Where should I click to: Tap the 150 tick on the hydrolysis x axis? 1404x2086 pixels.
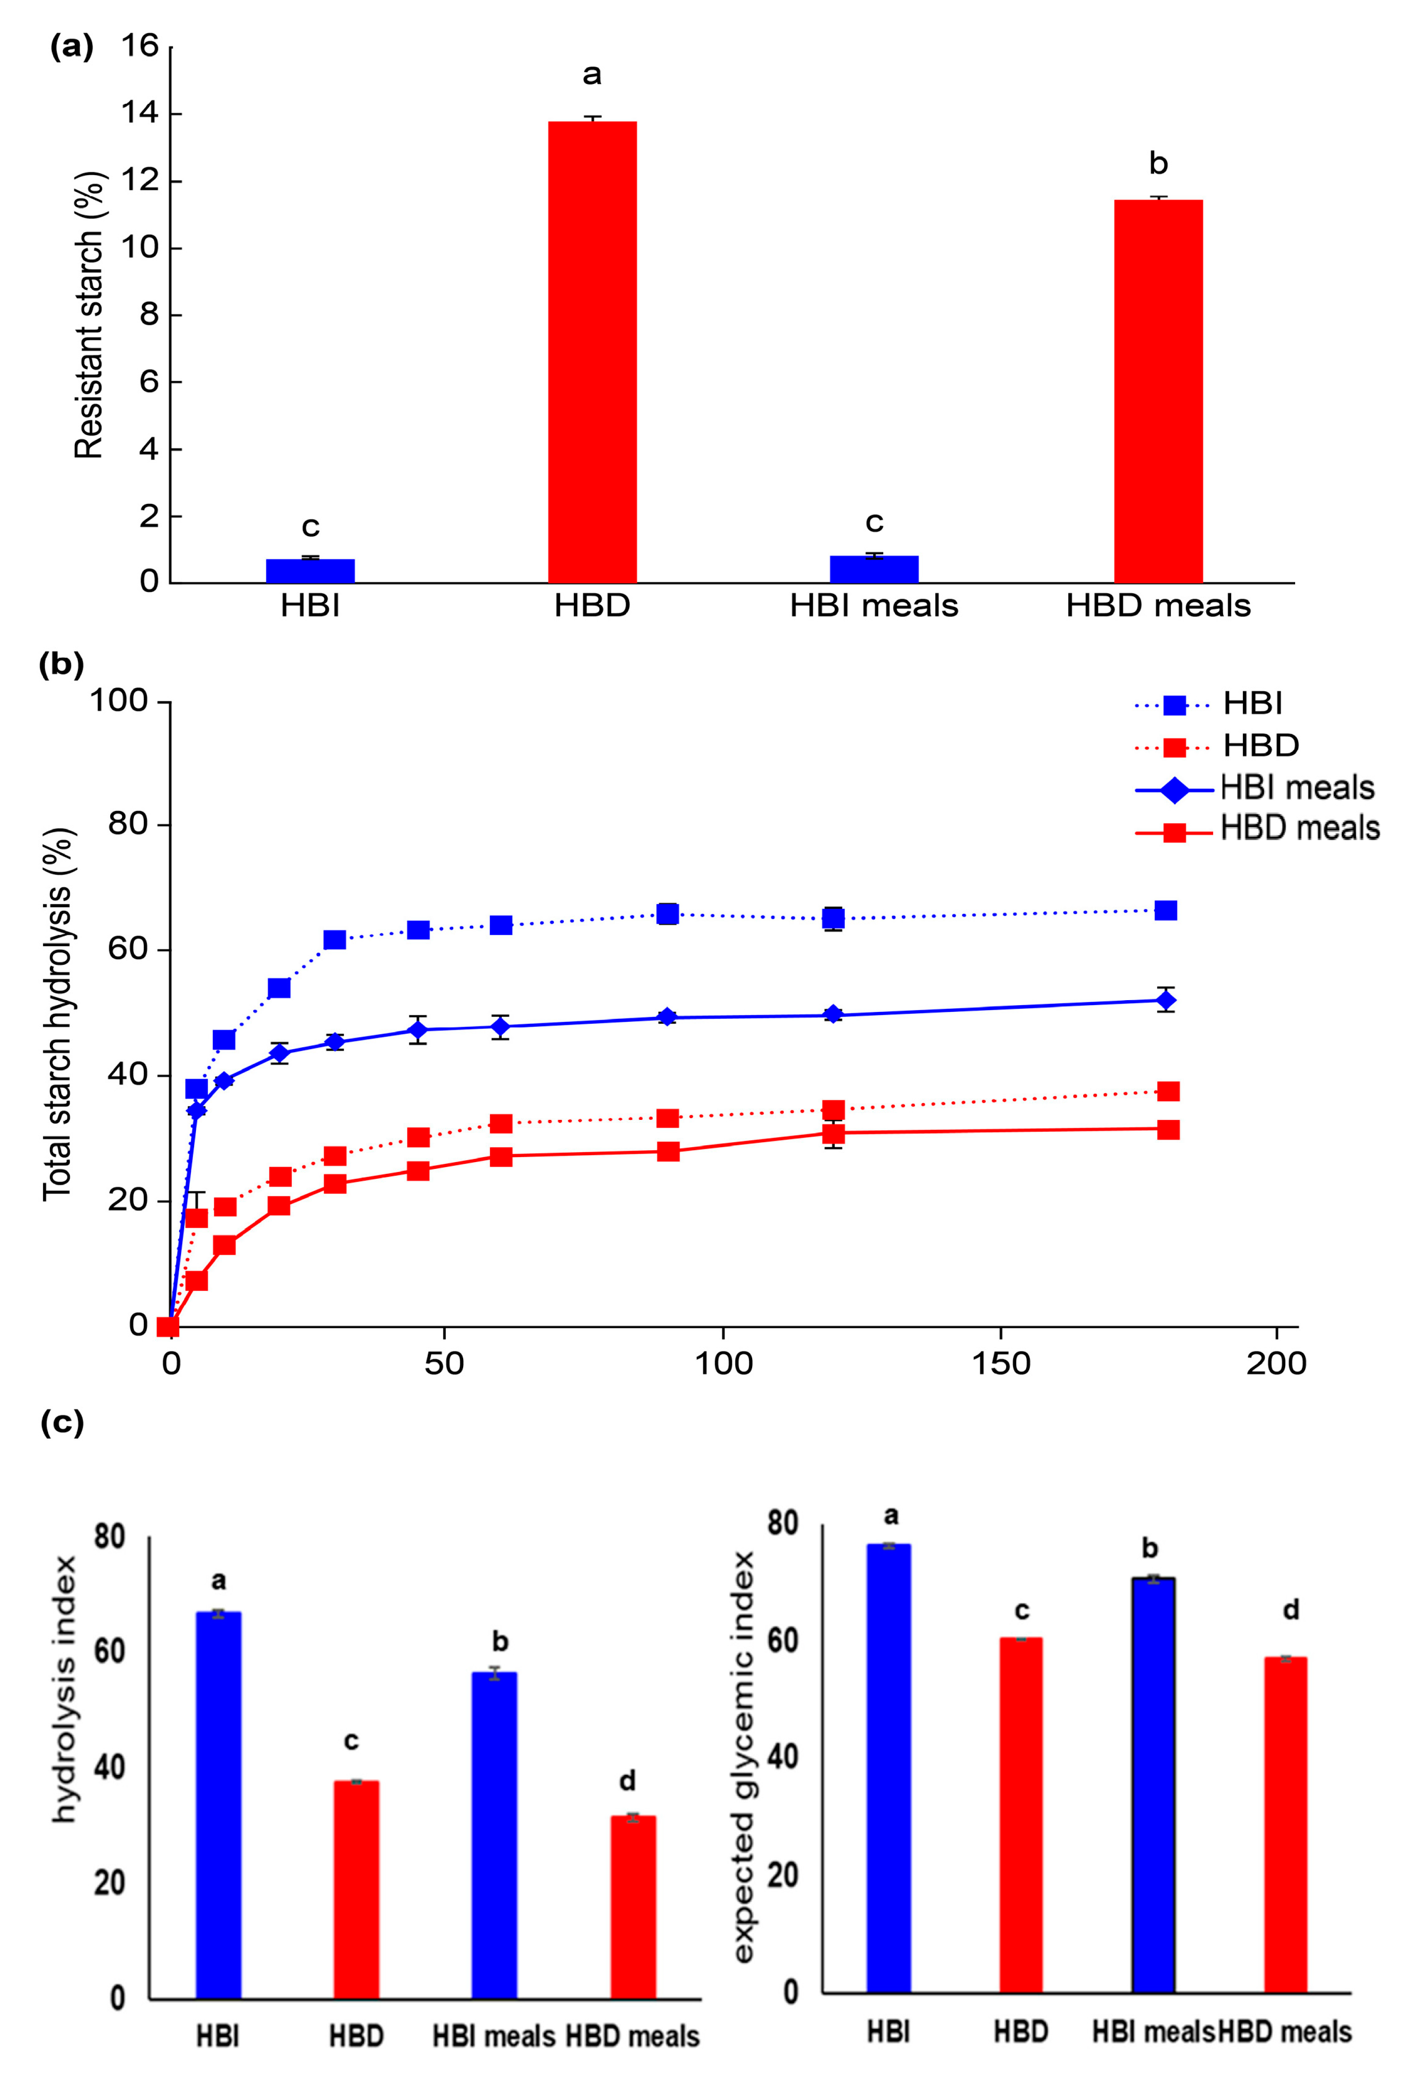1000,1363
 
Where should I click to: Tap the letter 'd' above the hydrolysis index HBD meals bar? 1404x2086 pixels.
628,1781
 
